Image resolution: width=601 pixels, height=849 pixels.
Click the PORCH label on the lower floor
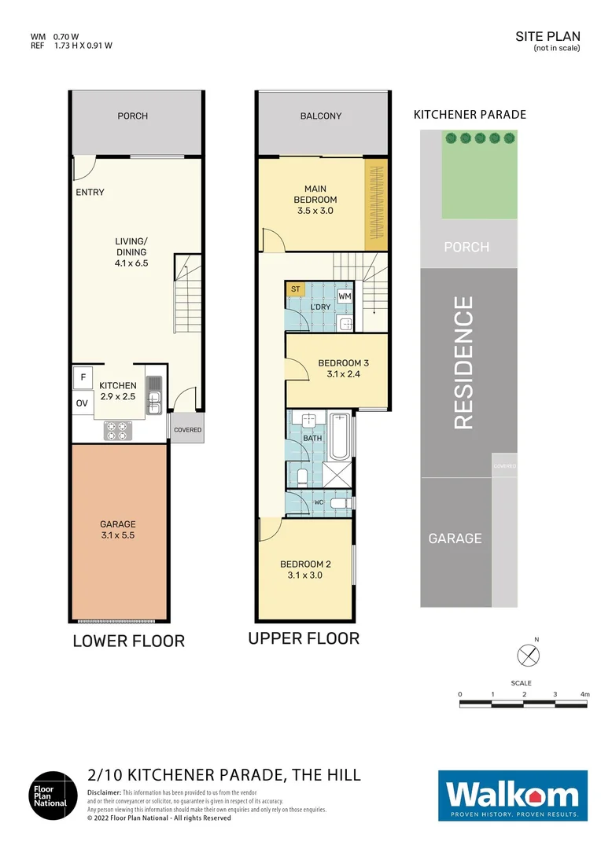pyautogui.click(x=132, y=116)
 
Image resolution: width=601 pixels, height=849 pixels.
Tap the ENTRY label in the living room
pyautogui.click(x=90, y=193)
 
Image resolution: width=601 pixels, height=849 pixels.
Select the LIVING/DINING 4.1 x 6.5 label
pyautogui.click(x=131, y=252)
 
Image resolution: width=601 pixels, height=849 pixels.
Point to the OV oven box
pyautogui.click(x=82, y=403)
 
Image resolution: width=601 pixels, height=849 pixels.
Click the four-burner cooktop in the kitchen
pyautogui.click(x=118, y=430)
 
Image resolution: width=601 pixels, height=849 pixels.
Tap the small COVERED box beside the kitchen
pyautogui.click(x=187, y=430)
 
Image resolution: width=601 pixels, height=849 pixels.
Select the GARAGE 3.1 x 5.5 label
pyautogui.click(x=117, y=530)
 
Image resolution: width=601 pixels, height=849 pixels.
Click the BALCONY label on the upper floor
pyautogui.click(x=321, y=116)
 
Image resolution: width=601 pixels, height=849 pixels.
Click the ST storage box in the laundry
pyautogui.click(x=296, y=289)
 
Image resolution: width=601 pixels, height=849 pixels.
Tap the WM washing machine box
pyautogui.click(x=345, y=296)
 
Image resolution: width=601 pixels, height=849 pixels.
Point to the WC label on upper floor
pyautogui.click(x=319, y=502)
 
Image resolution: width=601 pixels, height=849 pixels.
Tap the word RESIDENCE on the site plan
pyautogui.click(x=464, y=362)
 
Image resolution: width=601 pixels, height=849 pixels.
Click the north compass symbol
pyautogui.click(x=527, y=654)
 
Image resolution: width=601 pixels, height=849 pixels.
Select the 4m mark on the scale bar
pyautogui.click(x=584, y=694)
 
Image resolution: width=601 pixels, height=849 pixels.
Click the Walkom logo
pyautogui.click(x=512, y=796)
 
